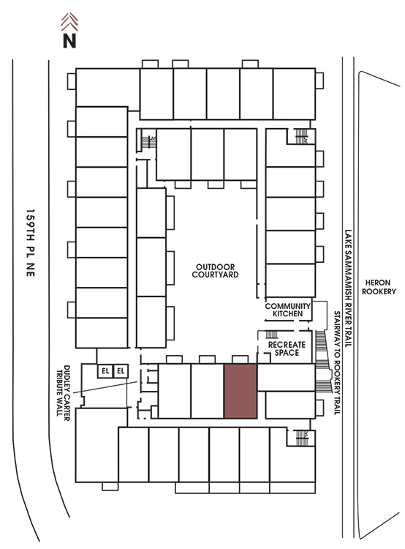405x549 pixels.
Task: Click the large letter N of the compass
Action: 69,40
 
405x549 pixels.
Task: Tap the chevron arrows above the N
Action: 69,21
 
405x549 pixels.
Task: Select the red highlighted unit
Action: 241,391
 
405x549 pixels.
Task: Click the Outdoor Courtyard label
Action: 215,271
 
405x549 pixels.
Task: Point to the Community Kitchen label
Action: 287,310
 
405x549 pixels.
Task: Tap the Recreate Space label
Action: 287,348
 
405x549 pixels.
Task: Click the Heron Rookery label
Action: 379,287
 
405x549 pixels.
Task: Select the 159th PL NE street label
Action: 31,243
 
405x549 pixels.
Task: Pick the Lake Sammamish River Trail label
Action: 348,288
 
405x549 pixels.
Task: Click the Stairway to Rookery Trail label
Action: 337,363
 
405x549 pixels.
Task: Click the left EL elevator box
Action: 105,371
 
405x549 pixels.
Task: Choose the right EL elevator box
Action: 121,371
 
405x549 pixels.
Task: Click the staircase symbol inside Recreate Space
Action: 272,335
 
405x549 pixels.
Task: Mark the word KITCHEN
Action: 287,314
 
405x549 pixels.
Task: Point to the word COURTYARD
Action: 215,274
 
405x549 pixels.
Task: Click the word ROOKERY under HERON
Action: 379,291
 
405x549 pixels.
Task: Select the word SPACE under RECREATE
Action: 287,353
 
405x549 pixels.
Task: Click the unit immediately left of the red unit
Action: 208,391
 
